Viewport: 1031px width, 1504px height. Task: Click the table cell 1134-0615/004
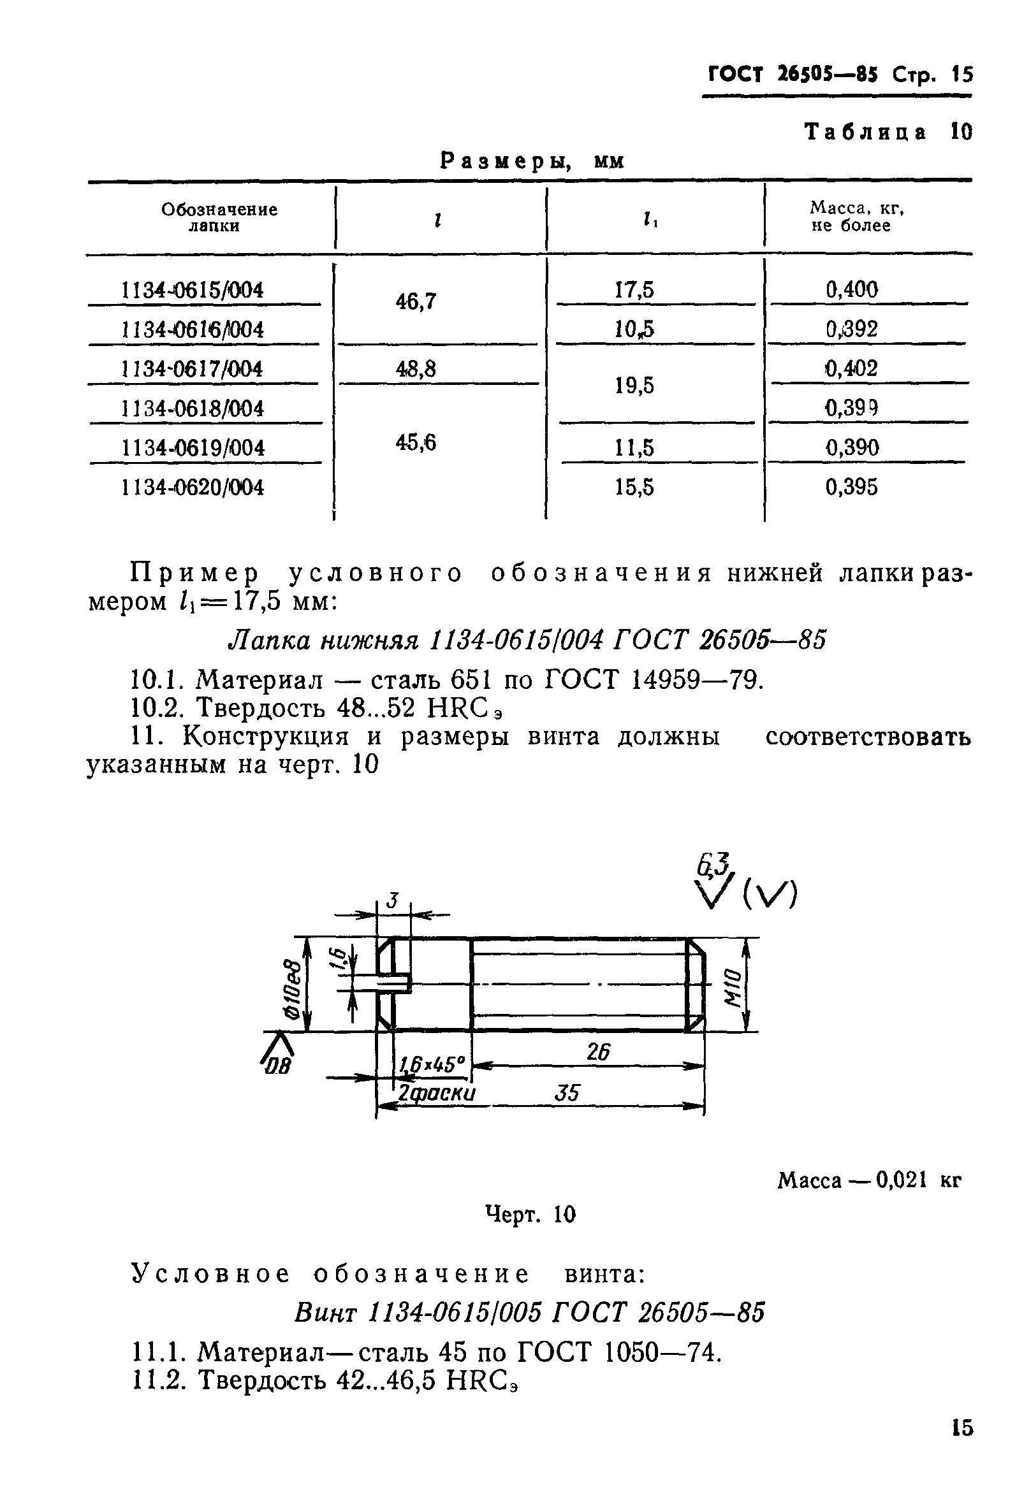pyautogui.click(x=193, y=290)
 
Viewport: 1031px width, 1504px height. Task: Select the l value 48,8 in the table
pyautogui.click(x=416, y=369)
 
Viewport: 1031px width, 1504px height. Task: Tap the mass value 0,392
pyautogui.click(x=851, y=329)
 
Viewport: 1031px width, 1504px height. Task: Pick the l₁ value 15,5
pyautogui.click(x=634, y=487)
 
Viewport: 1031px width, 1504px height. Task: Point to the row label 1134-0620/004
pyautogui.click(x=193, y=487)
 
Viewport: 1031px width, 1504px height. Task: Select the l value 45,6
pyautogui.click(x=416, y=442)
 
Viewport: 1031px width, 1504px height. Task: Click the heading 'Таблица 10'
pyautogui.click(x=888, y=132)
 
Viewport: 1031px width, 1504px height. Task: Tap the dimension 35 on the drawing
pyautogui.click(x=567, y=1093)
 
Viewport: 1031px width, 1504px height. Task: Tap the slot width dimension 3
pyautogui.click(x=393, y=900)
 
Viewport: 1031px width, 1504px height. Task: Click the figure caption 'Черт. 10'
pyautogui.click(x=530, y=1215)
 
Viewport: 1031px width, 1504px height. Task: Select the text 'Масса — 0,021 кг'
pyautogui.click(x=869, y=1181)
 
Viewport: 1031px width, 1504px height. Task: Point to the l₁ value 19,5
pyautogui.click(x=634, y=386)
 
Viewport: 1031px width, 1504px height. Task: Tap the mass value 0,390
pyautogui.click(x=852, y=447)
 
